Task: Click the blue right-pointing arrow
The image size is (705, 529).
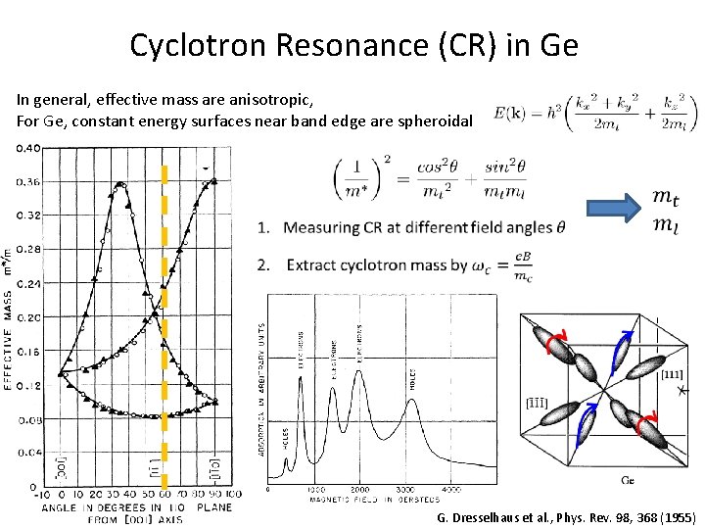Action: coord(613,208)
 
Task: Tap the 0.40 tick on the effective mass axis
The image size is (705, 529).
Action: coord(26,148)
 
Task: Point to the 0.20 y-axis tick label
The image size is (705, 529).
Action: coord(26,318)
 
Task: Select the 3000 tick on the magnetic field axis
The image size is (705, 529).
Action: coord(404,489)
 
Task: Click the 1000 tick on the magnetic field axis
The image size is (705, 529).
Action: coord(315,489)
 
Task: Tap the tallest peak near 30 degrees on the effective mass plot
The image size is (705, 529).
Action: coord(120,183)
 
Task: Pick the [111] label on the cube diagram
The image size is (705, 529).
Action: coord(672,374)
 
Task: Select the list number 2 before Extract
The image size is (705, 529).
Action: coord(263,264)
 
